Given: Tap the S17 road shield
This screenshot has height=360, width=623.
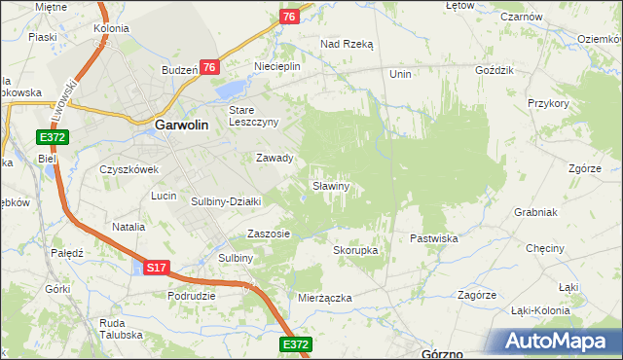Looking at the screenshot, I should tap(157, 267).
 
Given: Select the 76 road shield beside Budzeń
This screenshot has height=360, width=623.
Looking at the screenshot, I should tap(208, 66).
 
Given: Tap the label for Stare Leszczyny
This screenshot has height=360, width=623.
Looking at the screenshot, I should tap(253, 116).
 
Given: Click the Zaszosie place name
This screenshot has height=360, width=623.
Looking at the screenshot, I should tap(269, 234).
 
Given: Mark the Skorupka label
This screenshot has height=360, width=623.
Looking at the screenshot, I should tap(355, 250).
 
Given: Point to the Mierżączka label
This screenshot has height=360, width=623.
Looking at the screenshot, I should tap(325, 298).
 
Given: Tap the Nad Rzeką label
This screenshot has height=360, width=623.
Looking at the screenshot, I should tap(348, 44).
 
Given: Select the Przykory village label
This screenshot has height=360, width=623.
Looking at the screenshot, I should tap(547, 102).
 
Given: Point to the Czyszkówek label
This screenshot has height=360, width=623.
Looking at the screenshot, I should tap(128, 168).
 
